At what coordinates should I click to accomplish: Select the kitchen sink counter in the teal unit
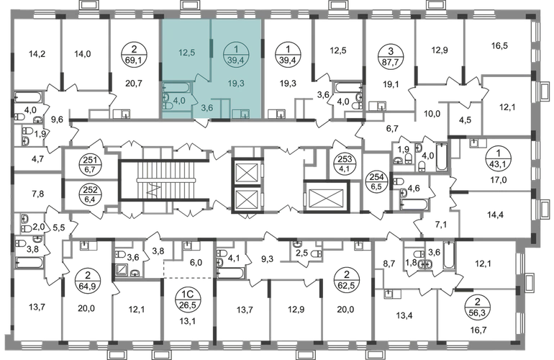(x=241, y=112)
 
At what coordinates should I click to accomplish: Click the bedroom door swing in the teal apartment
(x=201, y=76)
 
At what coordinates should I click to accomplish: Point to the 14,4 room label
(x=494, y=213)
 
